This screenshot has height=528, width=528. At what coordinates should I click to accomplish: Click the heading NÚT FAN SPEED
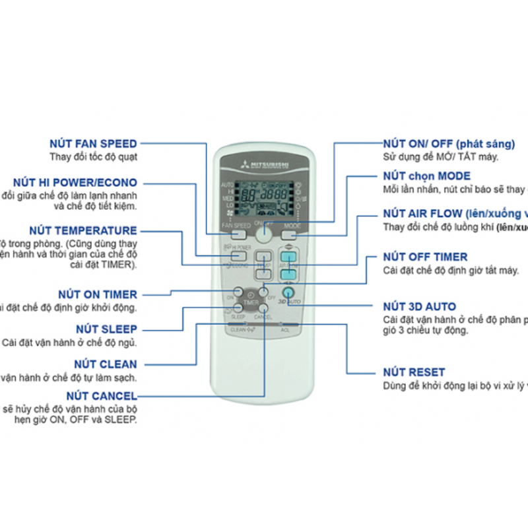[93, 144]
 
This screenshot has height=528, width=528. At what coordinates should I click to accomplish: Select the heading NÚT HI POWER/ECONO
[75, 183]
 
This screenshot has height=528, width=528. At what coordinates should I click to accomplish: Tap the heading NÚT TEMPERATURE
[82, 231]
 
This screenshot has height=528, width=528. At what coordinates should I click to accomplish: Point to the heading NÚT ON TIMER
[97, 294]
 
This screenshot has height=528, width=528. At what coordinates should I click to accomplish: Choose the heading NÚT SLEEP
[106, 329]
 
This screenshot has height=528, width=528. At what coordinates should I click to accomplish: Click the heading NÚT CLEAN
[106, 364]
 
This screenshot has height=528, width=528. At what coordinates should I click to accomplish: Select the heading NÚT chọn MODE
[426, 176]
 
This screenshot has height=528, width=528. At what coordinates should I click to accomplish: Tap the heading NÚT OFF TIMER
[425, 257]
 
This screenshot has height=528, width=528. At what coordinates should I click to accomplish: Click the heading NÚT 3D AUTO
[419, 307]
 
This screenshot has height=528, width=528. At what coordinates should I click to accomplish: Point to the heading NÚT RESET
[414, 372]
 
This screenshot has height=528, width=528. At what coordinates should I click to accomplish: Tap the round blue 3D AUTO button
[288, 292]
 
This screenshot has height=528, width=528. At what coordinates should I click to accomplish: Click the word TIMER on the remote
[250, 303]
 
